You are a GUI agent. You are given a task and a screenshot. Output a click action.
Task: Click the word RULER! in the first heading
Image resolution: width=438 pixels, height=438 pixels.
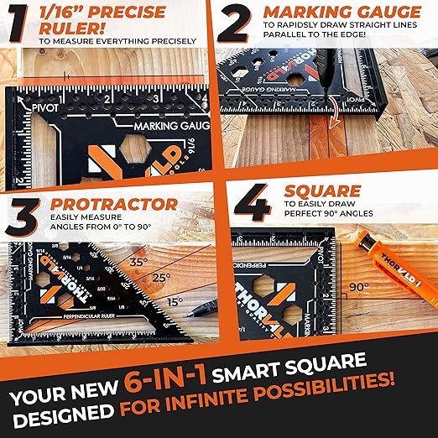coord(66,27)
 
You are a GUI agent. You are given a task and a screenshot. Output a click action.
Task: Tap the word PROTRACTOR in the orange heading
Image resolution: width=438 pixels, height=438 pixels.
coord(113,204)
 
